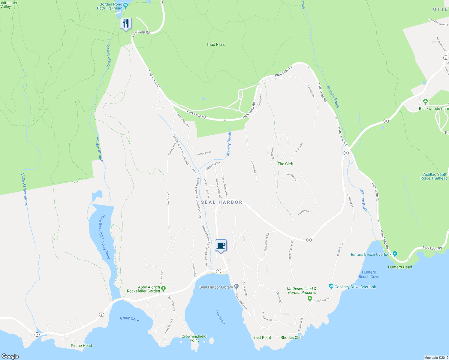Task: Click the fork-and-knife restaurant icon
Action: pos(126,23)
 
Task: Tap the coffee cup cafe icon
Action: pos(221,245)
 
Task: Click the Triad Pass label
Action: pos(215,44)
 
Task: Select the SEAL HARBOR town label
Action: pos(222,202)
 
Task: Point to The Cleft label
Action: pos(285,164)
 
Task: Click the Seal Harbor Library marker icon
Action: pos(237,286)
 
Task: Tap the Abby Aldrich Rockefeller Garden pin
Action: pos(164,289)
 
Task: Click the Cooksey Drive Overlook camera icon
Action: pos(331,286)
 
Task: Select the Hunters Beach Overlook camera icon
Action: pos(395,254)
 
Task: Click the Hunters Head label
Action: pos(400,267)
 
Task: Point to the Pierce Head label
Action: pos(81,346)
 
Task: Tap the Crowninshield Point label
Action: pos(194,338)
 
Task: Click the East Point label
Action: pos(262,337)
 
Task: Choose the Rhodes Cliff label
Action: pos(291,337)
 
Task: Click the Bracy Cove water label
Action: pos(129,319)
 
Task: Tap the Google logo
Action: pos(10,356)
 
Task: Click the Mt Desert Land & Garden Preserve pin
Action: pos(310,299)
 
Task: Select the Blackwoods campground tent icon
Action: pos(425,101)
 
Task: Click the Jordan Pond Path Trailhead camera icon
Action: pos(125,5)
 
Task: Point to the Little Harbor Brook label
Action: pos(25,189)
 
